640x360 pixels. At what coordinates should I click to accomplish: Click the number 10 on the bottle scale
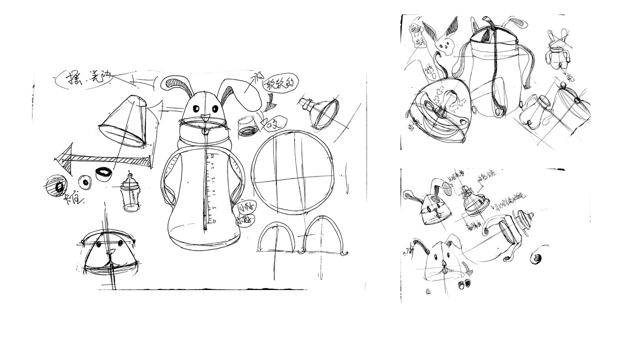212,191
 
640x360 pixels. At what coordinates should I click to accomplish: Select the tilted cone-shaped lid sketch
124,122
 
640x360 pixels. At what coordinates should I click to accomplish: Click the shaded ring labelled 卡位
56,186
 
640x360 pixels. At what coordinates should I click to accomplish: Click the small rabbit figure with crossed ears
556,52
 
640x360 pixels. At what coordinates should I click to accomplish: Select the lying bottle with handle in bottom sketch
505,235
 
